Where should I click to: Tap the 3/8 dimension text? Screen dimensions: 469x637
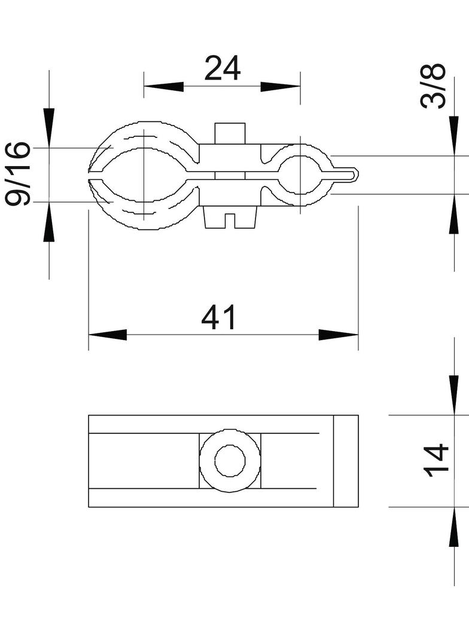pos(433,86)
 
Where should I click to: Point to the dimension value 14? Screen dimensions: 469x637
pos(436,461)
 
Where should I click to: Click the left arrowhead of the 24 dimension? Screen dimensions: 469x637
pos(163,87)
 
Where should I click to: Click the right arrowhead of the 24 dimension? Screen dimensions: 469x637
pos(280,87)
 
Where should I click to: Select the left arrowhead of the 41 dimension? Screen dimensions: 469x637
pos(108,335)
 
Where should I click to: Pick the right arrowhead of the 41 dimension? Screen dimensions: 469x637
pos(339,335)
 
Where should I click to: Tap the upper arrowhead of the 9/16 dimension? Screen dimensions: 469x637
pos(49,127)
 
